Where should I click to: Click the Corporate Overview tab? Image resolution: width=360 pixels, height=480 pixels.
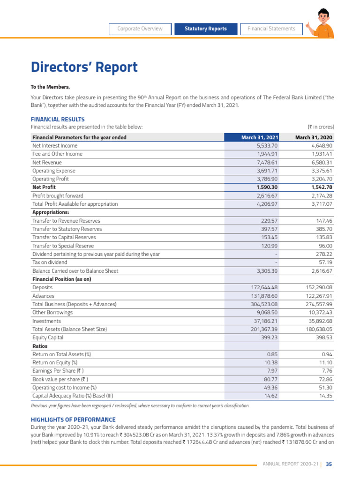click(140, 29)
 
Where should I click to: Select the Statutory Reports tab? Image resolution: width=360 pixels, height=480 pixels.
click(205, 29)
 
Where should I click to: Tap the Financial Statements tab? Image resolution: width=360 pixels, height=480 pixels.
click(271, 29)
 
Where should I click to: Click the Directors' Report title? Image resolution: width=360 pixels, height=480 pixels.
click(84, 67)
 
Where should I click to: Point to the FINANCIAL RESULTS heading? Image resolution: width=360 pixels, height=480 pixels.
click(58, 120)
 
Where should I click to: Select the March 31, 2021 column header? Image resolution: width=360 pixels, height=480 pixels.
click(260, 137)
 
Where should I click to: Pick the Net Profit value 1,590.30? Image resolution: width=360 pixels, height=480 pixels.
click(265, 187)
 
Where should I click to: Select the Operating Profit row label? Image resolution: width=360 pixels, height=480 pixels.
click(51, 179)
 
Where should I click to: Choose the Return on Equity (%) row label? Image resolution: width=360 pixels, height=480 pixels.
click(55, 362)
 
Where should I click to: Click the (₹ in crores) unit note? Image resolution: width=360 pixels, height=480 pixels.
click(321, 127)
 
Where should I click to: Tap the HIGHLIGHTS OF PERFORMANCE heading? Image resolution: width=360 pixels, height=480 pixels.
click(73, 420)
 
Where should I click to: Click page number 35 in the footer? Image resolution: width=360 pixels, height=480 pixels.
click(329, 464)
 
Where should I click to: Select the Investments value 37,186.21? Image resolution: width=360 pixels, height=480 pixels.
click(266, 321)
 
